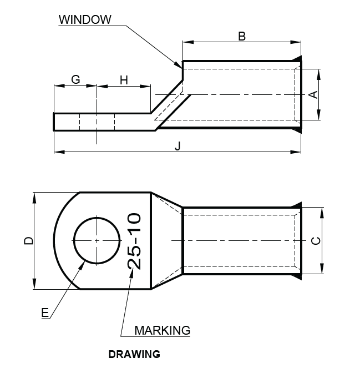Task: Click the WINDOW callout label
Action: coord(85,19)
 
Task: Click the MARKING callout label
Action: coord(162,330)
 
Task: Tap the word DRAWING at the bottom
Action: coord(134,354)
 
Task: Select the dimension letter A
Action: coord(313,94)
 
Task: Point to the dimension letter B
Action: coord(242,36)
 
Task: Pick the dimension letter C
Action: coord(315,240)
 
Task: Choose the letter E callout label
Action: coord(45,313)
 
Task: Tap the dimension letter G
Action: coord(75,79)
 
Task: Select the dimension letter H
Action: coord(124,80)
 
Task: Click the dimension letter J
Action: coord(178,145)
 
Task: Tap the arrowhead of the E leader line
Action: coord(83,264)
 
